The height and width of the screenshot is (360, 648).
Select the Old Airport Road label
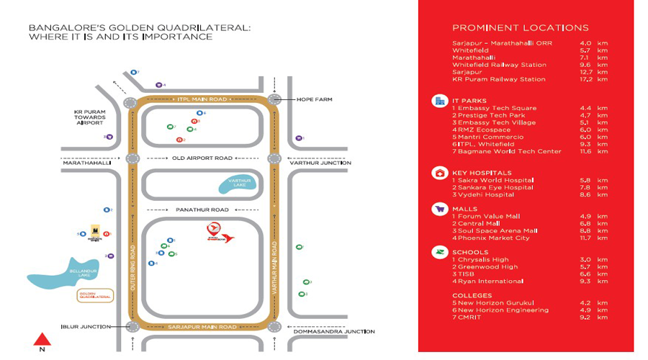pyautogui.click(x=203, y=158)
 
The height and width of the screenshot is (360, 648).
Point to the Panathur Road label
pyautogui.click(x=202, y=210)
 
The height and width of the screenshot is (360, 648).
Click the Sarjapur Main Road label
pyautogui.click(x=202, y=327)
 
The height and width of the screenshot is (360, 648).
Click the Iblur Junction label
pyautogui.click(x=87, y=327)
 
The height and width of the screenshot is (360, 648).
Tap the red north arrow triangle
pyautogui.click(x=42, y=339)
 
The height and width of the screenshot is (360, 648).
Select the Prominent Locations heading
pyautogui.click(x=520, y=28)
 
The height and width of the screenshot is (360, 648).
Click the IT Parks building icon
pyautogui.click(x=439, y=101)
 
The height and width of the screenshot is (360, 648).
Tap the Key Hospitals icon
pyautogui.click(x=439, y=173)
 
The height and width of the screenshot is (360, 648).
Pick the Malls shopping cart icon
pyautogui.click(x=439, y=209)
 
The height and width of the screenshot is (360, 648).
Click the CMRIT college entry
pyautogui.click(x=472, y=317)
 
